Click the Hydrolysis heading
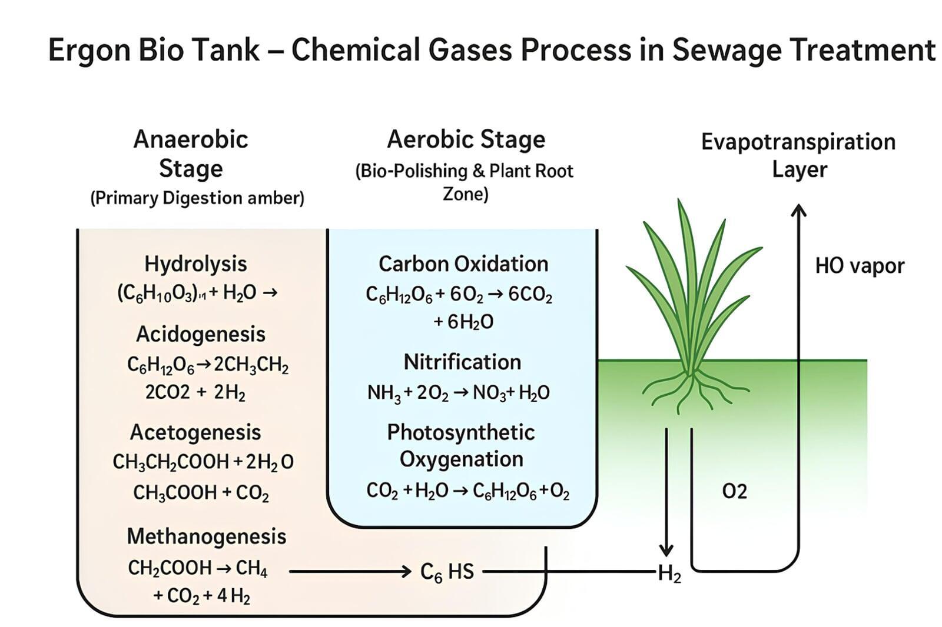(195, 264)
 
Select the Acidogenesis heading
(201, 334)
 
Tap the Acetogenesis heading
(195, 432)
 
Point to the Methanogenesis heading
(207, 536)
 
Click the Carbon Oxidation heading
(463, 264)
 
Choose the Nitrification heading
(462, 362)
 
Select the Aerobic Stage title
(466, 140)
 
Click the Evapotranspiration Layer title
(798, 155)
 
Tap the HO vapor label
(860, 266)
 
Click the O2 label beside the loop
(734, 491)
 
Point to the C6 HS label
(447, 572)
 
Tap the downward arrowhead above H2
(666, 551)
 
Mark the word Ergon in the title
(88, 50)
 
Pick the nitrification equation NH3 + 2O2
(458, 392)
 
